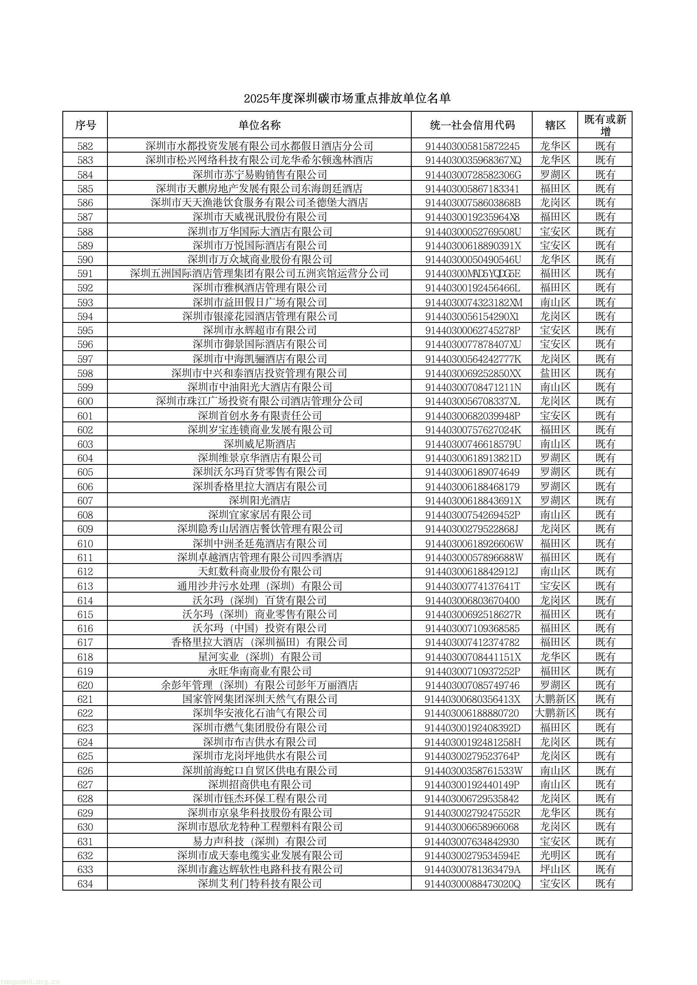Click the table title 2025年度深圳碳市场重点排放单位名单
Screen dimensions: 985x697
(x=347, y=98)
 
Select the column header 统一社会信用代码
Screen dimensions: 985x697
(x=472, y=125)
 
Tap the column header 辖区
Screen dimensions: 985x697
(x=555, y=125)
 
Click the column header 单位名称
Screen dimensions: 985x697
(x=259, y=125)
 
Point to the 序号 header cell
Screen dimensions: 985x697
(x=85, y=125)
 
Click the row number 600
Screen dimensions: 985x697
(x=85, y=401)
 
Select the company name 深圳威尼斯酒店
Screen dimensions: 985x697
(x=259, y=444)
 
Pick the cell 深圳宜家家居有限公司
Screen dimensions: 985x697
(x=259, y=515)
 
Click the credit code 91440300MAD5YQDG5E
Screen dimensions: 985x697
(x=472, y=274)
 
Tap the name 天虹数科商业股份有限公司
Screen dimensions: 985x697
(x=259, y=571)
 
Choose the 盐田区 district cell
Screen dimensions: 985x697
(x=555, y=373)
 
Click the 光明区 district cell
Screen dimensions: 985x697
(x=555, y=855)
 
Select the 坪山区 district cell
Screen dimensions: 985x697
(x=555, y=870)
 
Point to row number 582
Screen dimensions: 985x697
(x=85, y=146)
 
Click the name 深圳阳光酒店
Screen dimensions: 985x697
(x=259, y=500)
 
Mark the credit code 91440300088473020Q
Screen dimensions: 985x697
(x=472, y=884)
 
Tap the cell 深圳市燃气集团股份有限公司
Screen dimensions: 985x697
(x=259, y=727)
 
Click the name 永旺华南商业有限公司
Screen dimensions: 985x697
(x=259, y=671)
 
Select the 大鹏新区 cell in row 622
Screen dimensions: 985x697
(x=555, y=713)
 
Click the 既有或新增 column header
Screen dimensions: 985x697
(x=605, y=125)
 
